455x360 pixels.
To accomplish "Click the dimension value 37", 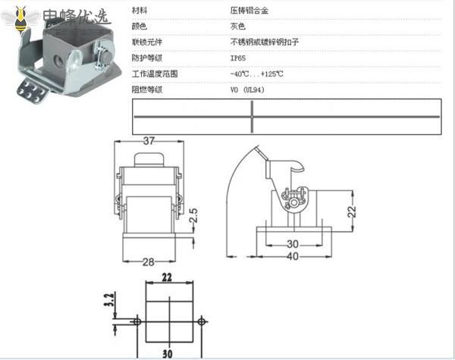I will click(149, 140).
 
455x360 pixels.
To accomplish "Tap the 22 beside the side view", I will click(352, 211).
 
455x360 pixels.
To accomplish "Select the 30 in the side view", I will click(291, 244).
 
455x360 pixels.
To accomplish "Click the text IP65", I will click(238, 58).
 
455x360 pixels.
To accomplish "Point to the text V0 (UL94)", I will click(247, 89).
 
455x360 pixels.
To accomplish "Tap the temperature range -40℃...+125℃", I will click(256, 74).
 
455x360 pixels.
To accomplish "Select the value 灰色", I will click(238, 27).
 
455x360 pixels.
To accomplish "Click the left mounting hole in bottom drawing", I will click(136, 322).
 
